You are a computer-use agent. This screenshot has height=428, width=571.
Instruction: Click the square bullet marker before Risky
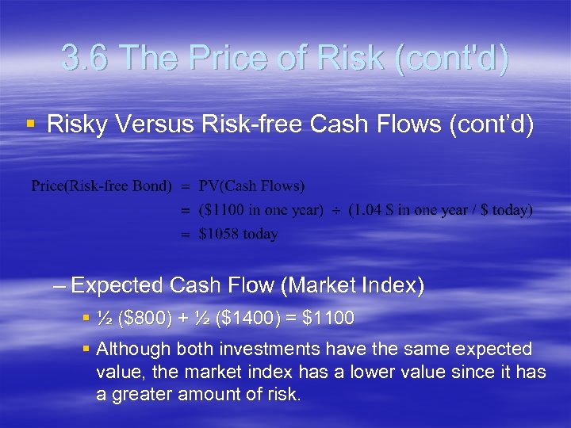30,124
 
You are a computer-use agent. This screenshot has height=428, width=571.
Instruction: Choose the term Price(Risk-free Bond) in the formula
101,186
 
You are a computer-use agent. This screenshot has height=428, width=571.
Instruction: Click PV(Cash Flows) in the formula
251,186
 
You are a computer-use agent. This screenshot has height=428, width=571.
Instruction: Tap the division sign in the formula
335,210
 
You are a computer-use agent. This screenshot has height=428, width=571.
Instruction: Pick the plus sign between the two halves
183,319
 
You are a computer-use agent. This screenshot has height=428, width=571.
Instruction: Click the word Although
133,350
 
